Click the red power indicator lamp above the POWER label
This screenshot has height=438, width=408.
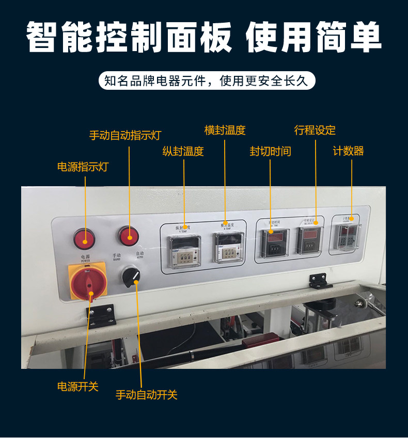[x=84, y=238]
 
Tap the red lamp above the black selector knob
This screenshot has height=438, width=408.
[x=129, y=236]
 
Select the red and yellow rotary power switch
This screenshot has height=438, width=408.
[x=88, y=282]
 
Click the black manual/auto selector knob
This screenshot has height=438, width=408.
[x=132, y=277]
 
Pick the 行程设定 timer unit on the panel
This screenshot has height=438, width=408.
[x=309, y=241]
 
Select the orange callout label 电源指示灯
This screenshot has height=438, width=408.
[x=83, y=167]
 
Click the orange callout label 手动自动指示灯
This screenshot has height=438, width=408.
[x=125, y=135]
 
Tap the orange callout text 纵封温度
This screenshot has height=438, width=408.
[x=183, y=152]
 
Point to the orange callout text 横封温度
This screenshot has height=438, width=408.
[x=225, y=131]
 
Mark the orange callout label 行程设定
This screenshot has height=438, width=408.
[x=315, y=131]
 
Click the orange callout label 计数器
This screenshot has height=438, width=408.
[x=349, y=151]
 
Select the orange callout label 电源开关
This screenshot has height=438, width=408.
[x=77, y=386]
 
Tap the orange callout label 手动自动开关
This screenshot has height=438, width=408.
[x=147, y=395]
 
